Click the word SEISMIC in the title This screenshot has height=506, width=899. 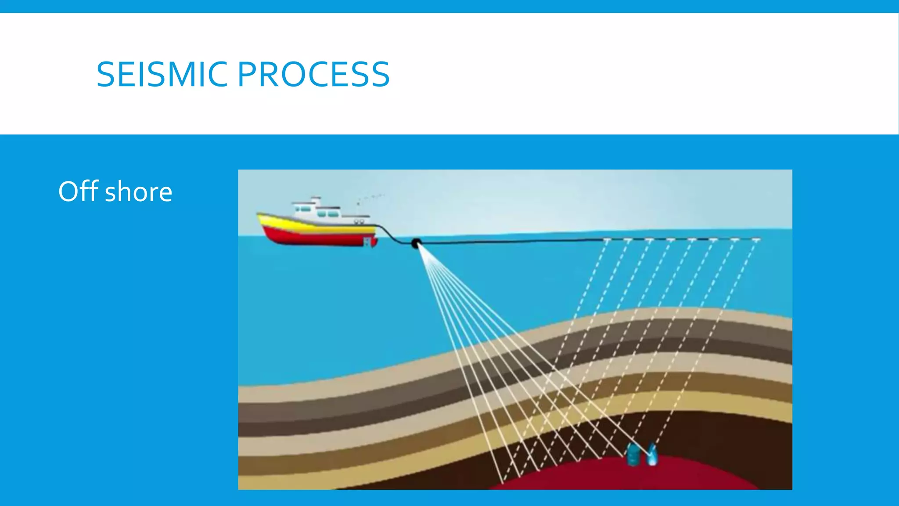coord(162,74)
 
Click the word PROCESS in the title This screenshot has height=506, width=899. coord(313,74)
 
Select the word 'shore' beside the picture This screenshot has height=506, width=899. coord(139,192)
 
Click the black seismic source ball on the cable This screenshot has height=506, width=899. coord(416,243)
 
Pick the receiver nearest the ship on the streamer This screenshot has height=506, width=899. coord(607,240)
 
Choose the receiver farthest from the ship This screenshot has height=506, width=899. coord(756,239)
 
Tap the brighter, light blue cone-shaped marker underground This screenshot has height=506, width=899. coord(652,455)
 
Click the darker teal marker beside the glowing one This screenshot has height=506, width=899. coord(633,455)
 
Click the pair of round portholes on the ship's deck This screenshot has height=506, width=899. coord(359,221)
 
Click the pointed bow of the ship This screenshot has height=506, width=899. coord(259,215)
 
